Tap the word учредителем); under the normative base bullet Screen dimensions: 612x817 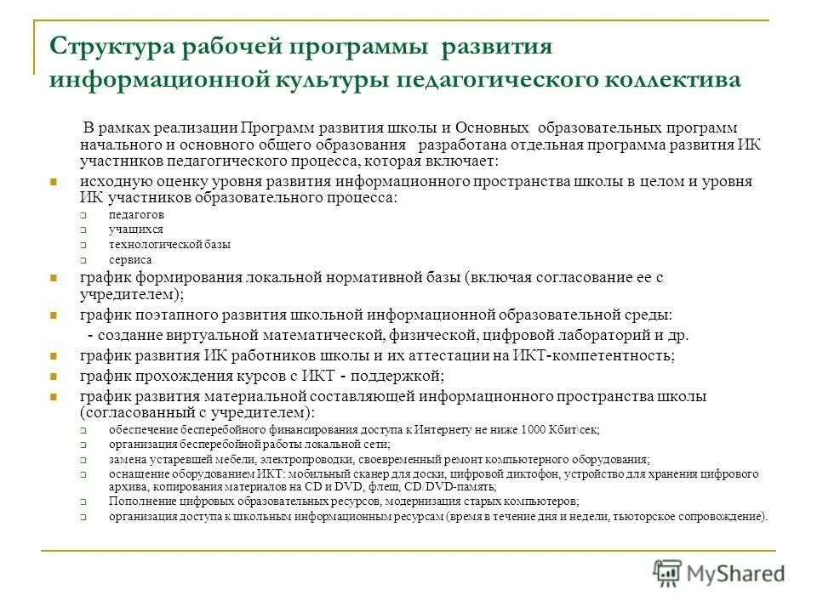133,294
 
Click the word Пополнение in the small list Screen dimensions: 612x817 136,501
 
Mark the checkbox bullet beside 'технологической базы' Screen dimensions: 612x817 84,245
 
